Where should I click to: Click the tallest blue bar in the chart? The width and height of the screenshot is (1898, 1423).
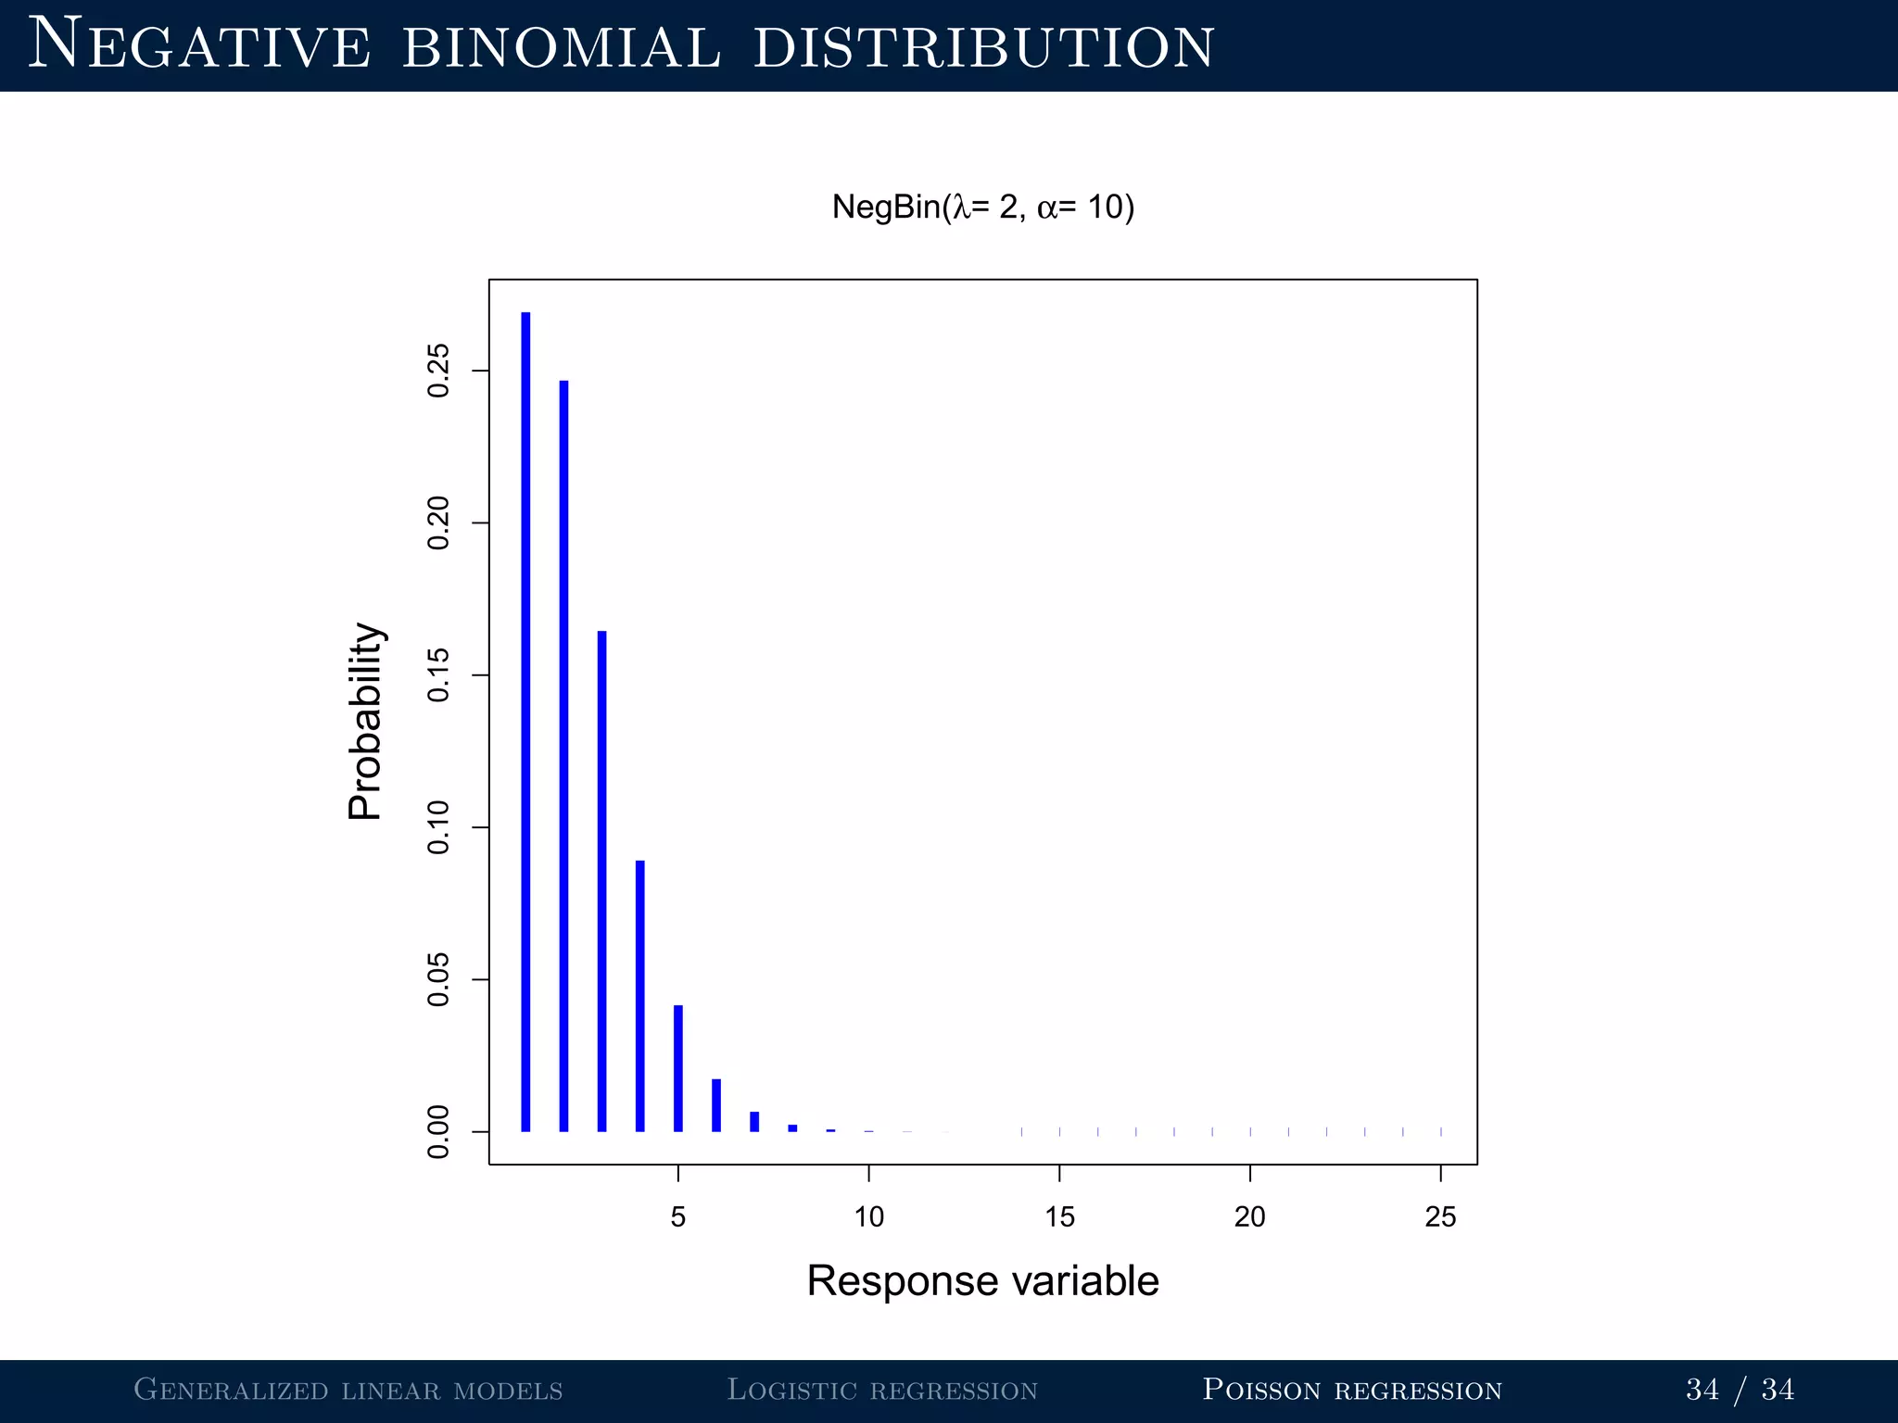point(525,723)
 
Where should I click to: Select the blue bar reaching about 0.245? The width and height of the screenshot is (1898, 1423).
point(563,756)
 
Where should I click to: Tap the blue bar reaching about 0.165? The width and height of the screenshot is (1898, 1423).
point(601,880)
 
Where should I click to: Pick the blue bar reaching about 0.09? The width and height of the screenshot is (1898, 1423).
point(639,996)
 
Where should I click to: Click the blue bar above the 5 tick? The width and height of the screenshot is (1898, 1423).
point(678,1068)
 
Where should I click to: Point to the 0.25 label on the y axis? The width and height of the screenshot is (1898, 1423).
point(438,371)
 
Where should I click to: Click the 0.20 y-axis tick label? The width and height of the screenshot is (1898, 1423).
point(438,523)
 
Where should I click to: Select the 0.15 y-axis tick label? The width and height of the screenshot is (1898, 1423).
point(438,675)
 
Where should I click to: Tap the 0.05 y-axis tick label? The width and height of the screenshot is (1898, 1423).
point(438,979)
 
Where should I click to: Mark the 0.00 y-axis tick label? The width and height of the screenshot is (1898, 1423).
point(438,1131)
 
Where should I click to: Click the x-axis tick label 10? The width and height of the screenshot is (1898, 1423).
point(868,1216)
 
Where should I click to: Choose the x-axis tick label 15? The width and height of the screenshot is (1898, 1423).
point(1059,1216)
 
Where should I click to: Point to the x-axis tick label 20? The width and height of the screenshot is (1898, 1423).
point(1249,1216)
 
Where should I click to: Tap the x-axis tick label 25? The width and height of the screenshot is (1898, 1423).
point(1440,1216)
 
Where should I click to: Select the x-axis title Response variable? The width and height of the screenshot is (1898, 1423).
point(982,1281)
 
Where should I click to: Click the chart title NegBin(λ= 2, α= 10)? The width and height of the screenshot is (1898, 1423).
point(982,207)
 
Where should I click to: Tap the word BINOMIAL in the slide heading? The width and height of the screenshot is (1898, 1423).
point(561,46)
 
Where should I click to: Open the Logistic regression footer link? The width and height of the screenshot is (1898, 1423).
point(881,1390)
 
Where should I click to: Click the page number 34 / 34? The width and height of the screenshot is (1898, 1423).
point(1740,1390)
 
